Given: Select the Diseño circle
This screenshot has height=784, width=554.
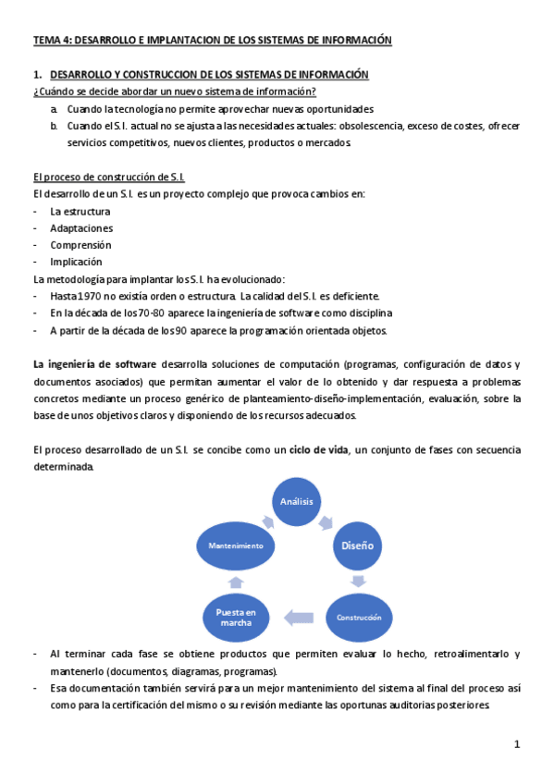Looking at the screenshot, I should pos(357,545).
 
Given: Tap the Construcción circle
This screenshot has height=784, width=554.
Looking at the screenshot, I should pos(359,617).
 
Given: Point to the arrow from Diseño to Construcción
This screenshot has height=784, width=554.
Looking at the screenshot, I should pos(359,582).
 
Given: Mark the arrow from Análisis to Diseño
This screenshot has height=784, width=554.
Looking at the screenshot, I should pos(326,521).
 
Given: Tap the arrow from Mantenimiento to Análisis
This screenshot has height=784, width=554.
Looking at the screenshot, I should pos(265,521).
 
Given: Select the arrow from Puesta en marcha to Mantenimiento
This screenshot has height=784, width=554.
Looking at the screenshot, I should pos(236,582).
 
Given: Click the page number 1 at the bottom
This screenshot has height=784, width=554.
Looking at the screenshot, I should pos(518,744).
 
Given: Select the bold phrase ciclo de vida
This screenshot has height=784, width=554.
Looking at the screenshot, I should pos(318,449).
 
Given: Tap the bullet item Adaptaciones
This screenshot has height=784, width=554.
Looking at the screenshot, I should pos(81,228).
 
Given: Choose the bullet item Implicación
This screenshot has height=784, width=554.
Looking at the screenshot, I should pos(77,262).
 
